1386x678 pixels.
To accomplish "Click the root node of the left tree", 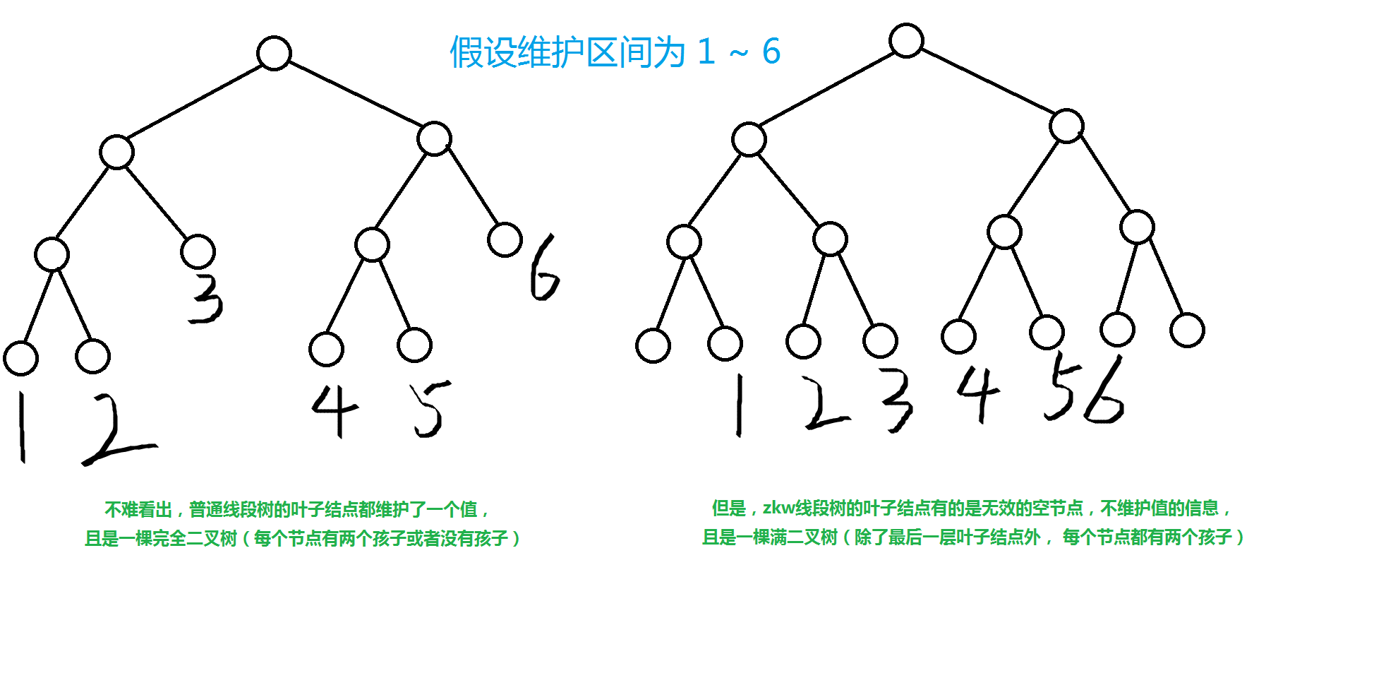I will [274, 53].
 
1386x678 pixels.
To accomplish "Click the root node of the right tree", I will [906, 40].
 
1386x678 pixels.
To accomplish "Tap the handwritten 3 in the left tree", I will [206, 299].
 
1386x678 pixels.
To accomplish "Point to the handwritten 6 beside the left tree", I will [543, 268].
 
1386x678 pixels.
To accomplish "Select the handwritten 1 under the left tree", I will [22, 427].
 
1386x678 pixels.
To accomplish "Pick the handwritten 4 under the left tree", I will [335, 410].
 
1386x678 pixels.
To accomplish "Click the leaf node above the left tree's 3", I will [198, 251].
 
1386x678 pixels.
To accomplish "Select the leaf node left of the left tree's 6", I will [505, 239].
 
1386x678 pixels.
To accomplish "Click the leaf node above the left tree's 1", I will [21, 358].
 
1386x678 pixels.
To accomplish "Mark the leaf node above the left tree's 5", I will [414, 345].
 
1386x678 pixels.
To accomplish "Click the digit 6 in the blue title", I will [771, 52].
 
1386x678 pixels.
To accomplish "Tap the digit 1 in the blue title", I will [706, 52].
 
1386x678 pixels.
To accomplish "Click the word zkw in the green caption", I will [778, 508].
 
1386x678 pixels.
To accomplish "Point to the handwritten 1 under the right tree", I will [739, 405].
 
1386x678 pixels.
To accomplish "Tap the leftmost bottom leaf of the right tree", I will [653, 345].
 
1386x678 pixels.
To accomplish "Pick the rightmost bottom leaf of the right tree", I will [1187, 330].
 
